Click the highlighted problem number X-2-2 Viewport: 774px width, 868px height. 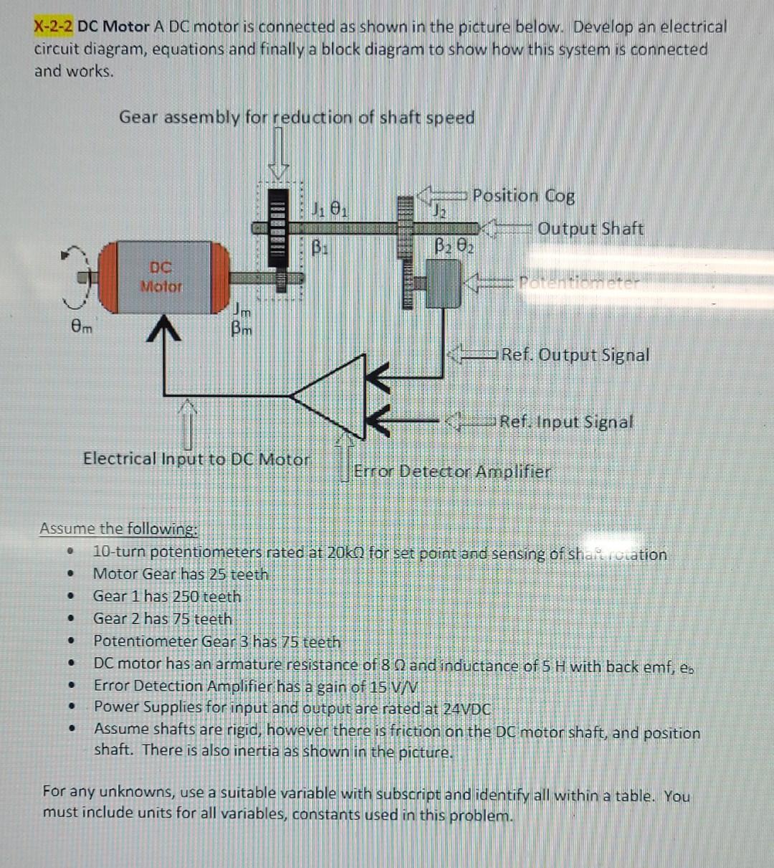[54, 27]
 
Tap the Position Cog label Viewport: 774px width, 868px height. [523, 196]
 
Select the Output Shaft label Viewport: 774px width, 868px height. [591, 229]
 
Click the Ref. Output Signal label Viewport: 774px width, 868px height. [575, 355]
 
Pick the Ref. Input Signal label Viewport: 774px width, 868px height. [566, 422]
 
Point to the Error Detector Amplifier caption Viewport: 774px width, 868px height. [452, 472]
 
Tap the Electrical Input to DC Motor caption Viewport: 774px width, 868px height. [196, 459]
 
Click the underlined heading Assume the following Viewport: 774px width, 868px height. [118, 529]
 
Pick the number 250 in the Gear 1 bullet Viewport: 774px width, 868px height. [186, 597]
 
